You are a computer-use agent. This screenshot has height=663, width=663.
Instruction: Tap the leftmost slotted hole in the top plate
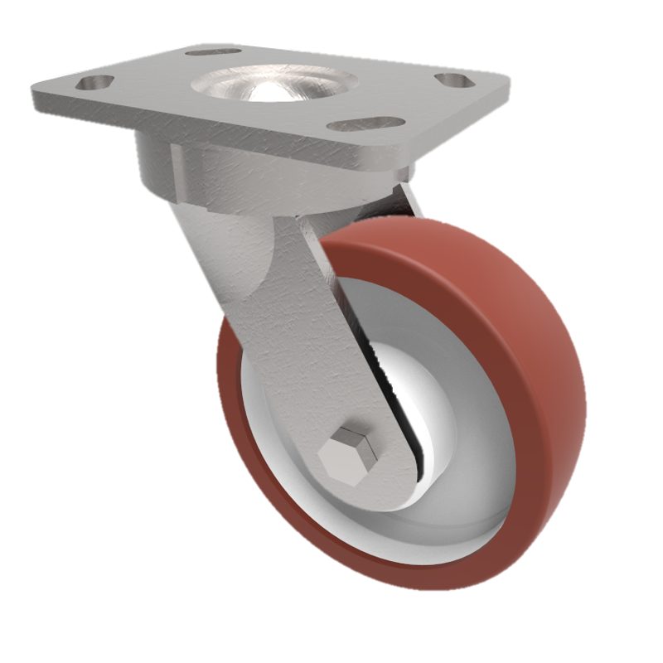click(x=95, y=82)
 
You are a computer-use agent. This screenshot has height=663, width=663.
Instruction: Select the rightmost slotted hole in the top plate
click(x=455, y=80)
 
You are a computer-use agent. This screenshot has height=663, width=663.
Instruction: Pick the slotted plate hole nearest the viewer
click(x=365, y=124)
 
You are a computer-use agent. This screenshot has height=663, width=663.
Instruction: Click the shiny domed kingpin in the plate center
click(x=273, y=86)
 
